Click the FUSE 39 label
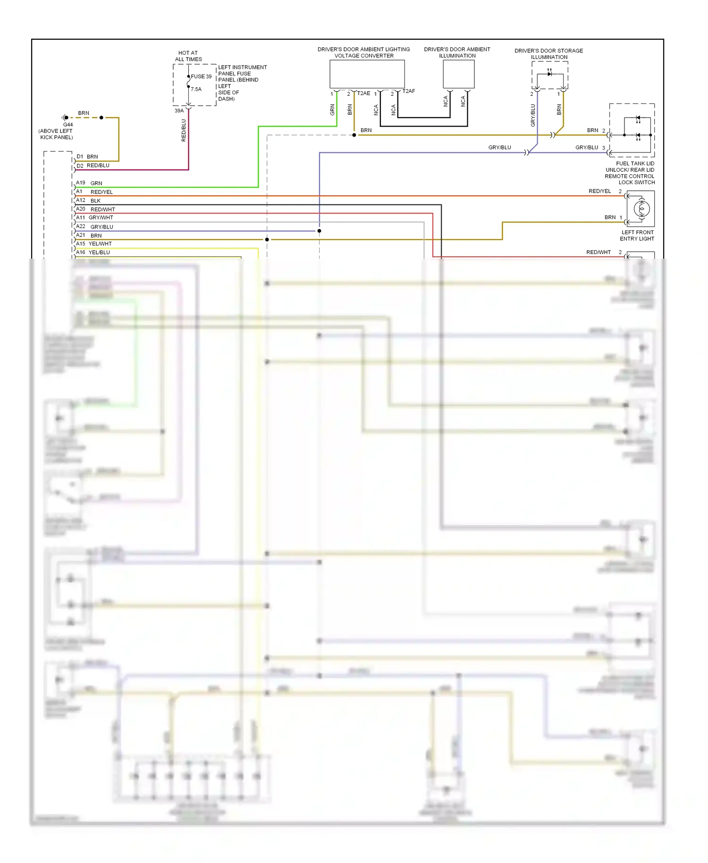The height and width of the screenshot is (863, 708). [201, 76]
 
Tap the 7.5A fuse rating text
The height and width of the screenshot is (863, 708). [196, 89]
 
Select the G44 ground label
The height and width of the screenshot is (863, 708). [68, 125]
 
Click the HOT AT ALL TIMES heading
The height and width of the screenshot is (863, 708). [188, 56]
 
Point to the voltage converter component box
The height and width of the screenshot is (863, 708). [367, 74]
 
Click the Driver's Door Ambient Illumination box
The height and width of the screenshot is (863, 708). [458, 74]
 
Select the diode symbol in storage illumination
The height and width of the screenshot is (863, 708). [549, 74]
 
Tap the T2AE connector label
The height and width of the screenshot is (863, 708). [363, 93]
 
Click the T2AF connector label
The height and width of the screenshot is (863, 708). [409, 91]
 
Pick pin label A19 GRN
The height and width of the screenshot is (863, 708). [89, 183]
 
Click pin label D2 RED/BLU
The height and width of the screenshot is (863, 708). [93, 166]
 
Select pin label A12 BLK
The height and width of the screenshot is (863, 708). [88, 201]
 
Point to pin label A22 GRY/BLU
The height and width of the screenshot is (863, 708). [94, 227]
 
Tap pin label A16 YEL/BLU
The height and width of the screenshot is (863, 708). [93, 253]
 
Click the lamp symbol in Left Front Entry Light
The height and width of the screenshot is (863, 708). [641, 209]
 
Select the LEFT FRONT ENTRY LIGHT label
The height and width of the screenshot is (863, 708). [637, 236]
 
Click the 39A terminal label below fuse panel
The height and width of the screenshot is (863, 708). [179, 111]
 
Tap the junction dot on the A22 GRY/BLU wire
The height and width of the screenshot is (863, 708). [320, 231]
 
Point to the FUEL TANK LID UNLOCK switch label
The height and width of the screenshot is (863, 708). [630, 173]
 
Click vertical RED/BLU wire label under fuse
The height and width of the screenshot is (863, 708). [184, 130]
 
